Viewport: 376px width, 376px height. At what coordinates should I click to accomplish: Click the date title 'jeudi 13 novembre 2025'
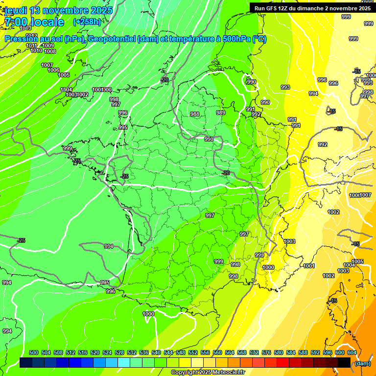[58, 10]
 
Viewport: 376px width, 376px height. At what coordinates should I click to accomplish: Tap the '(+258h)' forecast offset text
[87, 22]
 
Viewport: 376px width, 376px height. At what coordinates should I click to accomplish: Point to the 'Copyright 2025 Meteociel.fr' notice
[208, 373]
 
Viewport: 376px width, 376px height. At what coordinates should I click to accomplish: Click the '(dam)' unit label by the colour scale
[362, 363]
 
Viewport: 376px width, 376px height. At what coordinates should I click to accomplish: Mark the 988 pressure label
[195, 114]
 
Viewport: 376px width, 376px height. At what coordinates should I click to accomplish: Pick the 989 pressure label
[221, 113]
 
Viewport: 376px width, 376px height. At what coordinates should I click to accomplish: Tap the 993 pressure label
[285, 87]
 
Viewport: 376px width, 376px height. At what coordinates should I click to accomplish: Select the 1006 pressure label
[53, 70]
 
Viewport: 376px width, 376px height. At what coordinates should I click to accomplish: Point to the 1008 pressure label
[50, 51]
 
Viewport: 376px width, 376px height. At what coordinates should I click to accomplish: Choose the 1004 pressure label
[67, 90]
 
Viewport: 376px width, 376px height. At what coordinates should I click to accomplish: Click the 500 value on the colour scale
[34, 352]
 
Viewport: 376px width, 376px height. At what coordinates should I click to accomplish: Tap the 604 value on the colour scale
[352, 352]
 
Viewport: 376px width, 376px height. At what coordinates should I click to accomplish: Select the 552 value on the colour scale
[193, 352]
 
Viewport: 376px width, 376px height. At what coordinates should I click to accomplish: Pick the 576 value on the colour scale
[266, 352]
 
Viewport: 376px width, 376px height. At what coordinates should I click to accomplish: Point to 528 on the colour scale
[119, 352]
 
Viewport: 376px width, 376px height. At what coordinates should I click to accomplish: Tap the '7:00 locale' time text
[34, 22]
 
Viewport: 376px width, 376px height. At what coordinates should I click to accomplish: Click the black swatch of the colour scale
[344, 362]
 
